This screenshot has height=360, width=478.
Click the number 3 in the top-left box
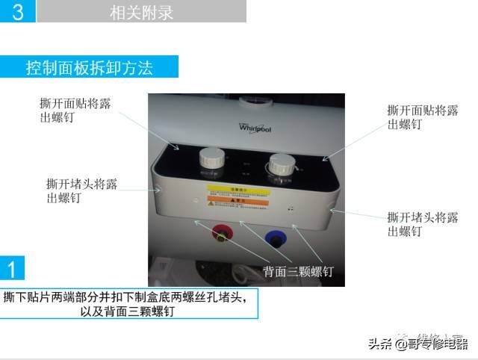click(x=17, y=13)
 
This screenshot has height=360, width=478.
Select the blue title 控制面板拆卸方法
click(x=90, y=68)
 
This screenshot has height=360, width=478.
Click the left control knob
click(x=212, y=160)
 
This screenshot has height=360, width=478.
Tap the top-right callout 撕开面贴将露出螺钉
click(x=423, y=117)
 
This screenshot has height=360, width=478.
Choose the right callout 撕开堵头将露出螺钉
click(x=423, y=224)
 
